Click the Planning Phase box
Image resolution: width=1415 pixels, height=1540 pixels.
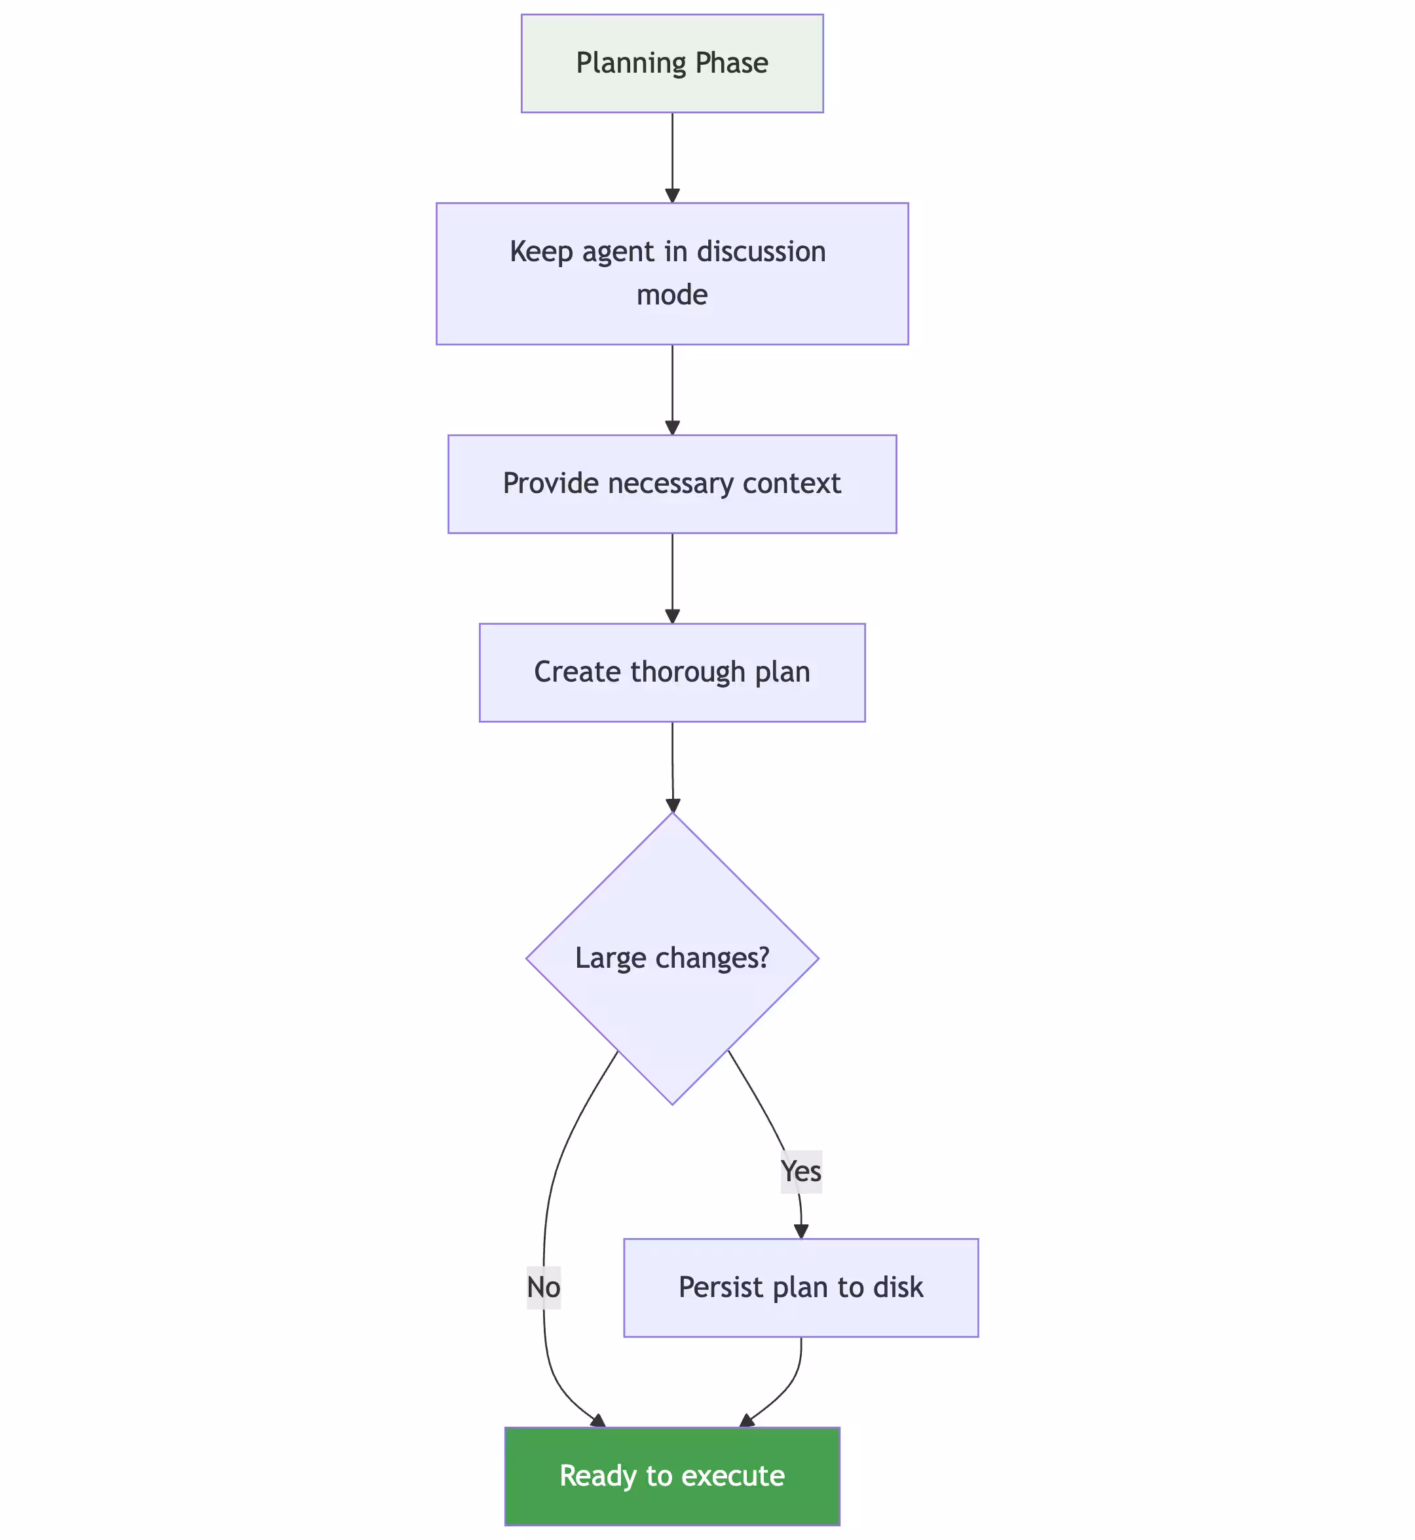(x=671, y=64)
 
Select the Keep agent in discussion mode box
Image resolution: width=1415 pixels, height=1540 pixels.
(x=671, y=273)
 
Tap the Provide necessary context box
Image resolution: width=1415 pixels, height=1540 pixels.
(x=671, y=484)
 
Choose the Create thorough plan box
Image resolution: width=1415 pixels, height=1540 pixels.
(x=671, y=672)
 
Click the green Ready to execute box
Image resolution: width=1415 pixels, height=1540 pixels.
(x=671, y=1476)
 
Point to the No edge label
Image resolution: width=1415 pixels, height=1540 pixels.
(x=543, y=1287)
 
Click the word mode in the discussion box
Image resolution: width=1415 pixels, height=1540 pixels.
(x=671, y=295)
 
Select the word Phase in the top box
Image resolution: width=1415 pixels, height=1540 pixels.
(x=732, y=64)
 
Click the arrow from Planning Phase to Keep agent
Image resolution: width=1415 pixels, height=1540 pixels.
(x=672, y=157)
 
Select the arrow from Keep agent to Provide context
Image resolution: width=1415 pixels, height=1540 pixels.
(x=672, y=389)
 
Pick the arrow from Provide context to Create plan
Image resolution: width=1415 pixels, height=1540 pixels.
(x=672, y=578)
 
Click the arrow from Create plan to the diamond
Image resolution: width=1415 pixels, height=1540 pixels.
(x=672, y=765)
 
